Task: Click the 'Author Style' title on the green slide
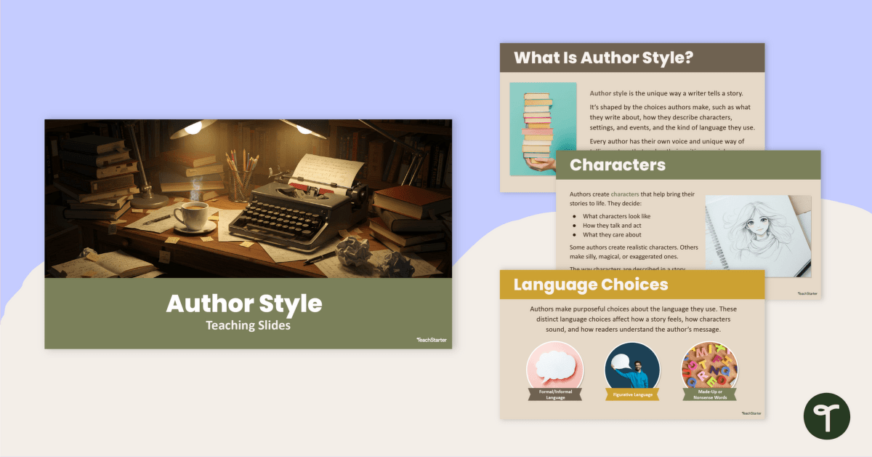point(244,303)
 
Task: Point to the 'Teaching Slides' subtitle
point(248,325)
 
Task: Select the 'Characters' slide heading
point(617,164)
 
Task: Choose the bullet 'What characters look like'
point(616,216)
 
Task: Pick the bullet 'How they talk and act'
point(613,226)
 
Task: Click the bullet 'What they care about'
point(612,234)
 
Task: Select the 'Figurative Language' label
point(632,394)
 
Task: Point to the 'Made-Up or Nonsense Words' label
point(709,394)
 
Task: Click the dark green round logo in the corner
point(826,416)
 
